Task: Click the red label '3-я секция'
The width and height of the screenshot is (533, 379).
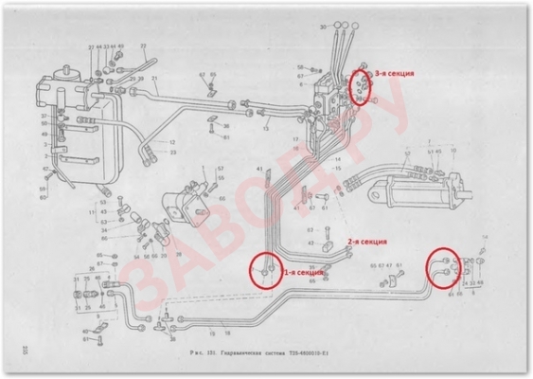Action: pyautogui.click(x=396, y=72)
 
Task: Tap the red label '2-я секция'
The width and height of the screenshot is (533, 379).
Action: pyautogui.click(x=366, y=241)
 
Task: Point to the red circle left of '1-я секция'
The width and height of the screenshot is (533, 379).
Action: pyautogui.click(x=266, y=270)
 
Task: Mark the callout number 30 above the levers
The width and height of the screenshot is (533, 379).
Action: pyautogui.click(x=323, y=28)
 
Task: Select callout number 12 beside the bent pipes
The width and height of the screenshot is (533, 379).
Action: pyautogui.click(x=173, y=143)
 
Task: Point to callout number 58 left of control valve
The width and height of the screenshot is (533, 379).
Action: pyautogui.click(x=299, y=67)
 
